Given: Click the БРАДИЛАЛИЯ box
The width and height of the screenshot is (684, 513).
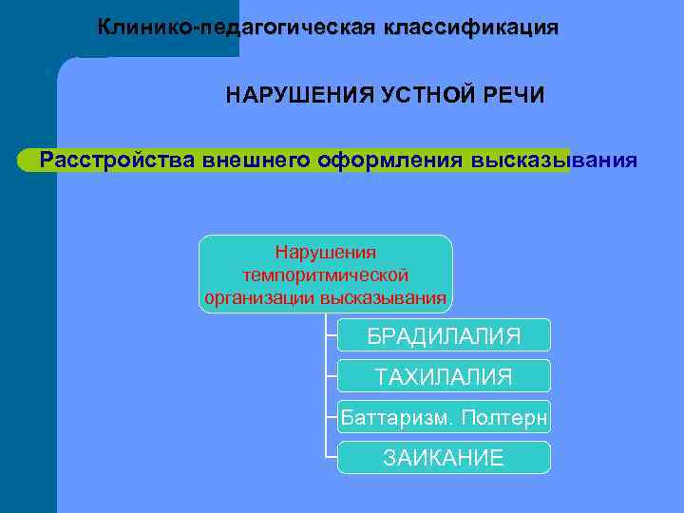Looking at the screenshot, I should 444,336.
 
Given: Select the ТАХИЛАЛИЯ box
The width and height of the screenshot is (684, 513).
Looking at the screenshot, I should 444,377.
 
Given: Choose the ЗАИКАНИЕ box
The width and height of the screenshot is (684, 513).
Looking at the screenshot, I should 444,458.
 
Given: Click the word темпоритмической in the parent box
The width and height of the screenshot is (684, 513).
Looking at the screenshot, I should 326,275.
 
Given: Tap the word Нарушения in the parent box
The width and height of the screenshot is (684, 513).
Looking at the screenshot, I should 326,253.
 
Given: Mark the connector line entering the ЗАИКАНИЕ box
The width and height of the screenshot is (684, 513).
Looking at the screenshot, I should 331,458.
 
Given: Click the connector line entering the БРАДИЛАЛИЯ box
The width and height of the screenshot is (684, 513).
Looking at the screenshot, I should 331,335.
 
